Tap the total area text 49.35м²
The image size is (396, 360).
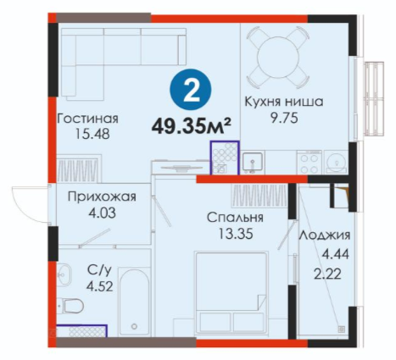192,127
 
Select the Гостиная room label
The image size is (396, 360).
88,119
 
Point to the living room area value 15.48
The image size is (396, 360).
92,134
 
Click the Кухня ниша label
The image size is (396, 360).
284,102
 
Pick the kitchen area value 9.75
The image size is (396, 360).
284,119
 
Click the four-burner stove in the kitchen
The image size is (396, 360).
309,162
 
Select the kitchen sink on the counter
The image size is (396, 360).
253,163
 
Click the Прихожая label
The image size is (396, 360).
102,197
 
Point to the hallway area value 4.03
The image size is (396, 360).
102,213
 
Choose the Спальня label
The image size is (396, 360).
235,218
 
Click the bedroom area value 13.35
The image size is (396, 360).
236,234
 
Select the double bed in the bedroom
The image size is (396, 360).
231,294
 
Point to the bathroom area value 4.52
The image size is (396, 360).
100,287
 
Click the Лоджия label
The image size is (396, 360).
325,235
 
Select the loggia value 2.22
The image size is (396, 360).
328,274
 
